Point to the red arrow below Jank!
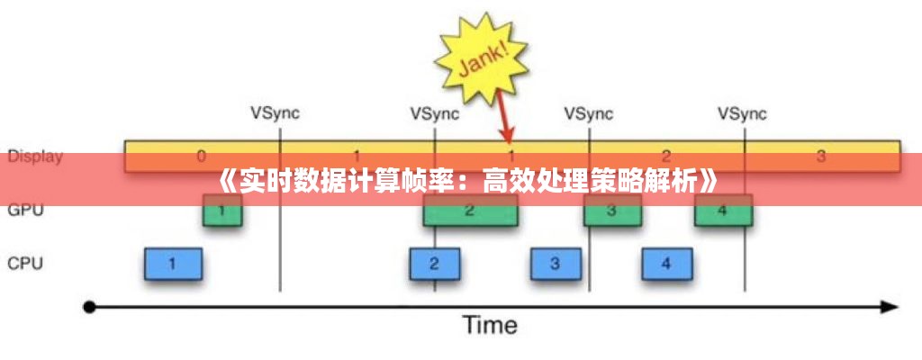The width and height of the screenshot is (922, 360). pos(503,117)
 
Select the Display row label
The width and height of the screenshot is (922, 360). pos(35,156)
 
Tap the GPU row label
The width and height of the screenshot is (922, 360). pos(26,211)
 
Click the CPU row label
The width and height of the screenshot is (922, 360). pos(26,264)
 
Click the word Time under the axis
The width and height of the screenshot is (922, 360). pos(490,325)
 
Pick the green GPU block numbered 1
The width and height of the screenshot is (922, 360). pos(222,212)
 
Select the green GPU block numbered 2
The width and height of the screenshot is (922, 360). pos(470,212)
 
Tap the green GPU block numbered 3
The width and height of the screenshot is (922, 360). pos(612,212)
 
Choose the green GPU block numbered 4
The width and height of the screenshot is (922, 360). pos(723,212)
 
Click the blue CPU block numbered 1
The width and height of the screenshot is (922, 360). pos(173,264)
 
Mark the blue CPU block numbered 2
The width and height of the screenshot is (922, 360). pos(435,264)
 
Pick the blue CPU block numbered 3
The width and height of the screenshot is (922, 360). pos(556,264)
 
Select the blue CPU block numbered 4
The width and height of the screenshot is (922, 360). pos(666,264)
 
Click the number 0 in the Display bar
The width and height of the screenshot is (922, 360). pos(201,156)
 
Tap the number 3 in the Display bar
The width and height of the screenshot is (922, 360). pos(820,156)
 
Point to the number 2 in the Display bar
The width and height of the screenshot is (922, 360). pos(666,156)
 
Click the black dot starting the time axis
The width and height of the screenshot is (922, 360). pos(88,307)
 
